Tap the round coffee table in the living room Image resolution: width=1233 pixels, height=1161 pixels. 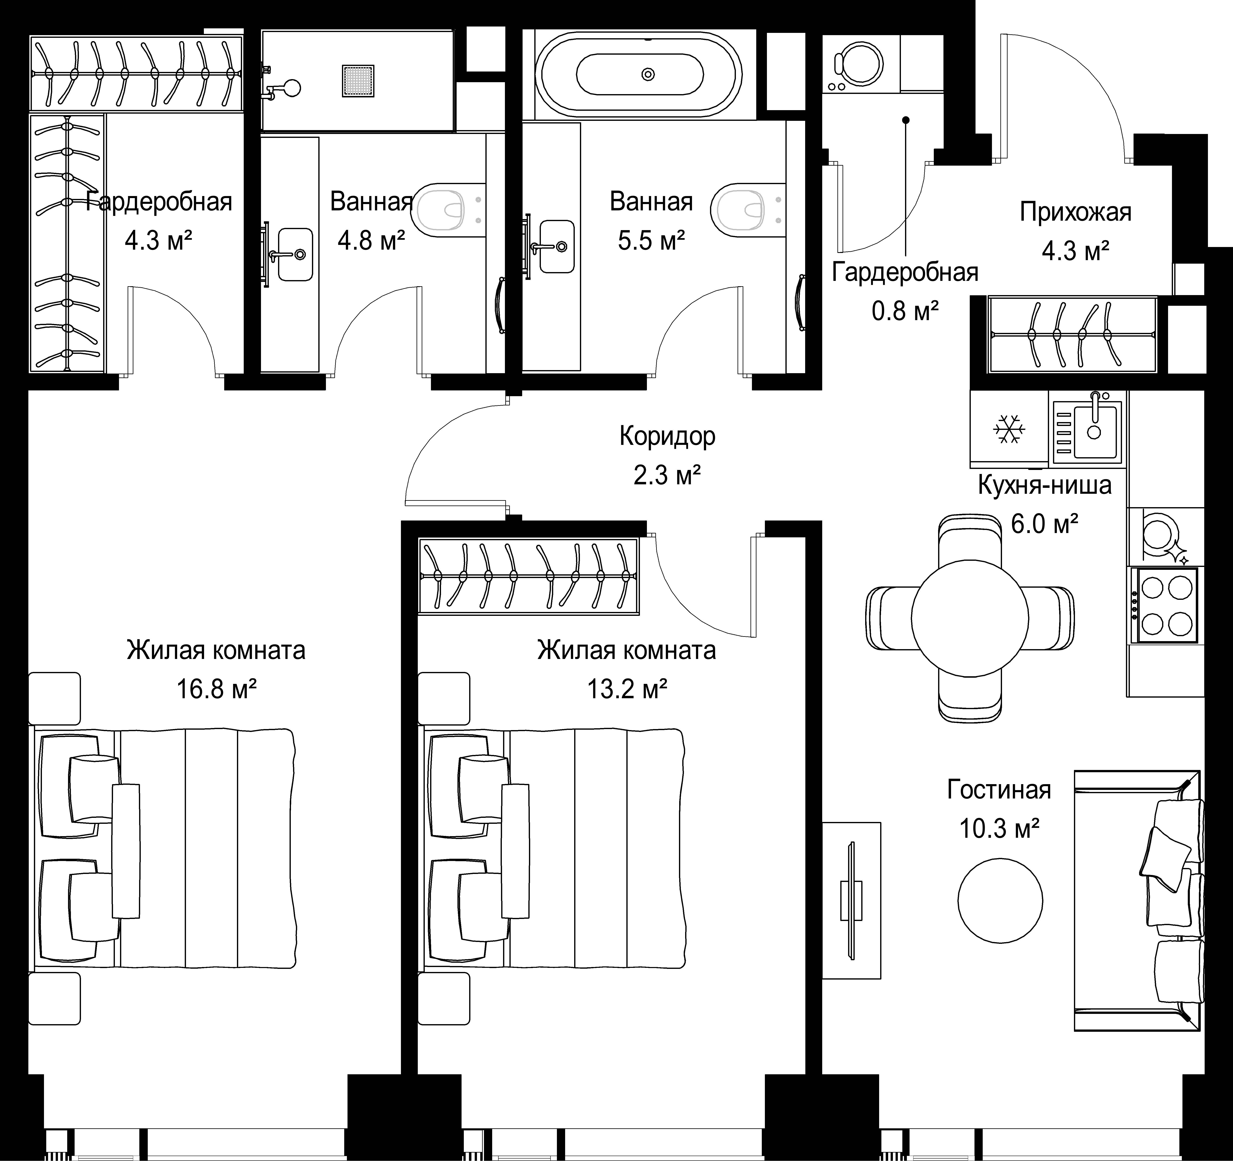pyautogui.click(x=1000, y=900)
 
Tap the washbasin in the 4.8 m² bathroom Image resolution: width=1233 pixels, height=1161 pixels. pyautogui.click(x=295, y=254)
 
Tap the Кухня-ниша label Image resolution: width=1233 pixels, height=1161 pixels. pyautogui.click(x=1044, y=485)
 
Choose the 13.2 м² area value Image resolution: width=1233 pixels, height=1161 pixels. pyautogui.click(x=627, y=688)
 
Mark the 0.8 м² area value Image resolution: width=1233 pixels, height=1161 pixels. pyautogui.click(x=905, y=310)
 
